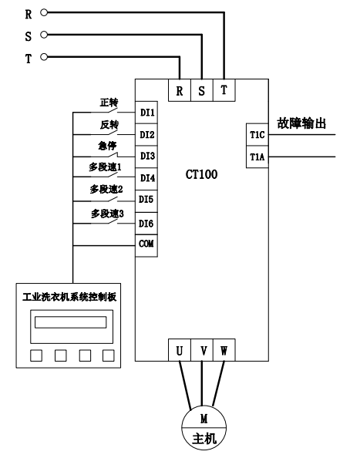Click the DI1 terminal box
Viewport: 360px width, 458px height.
click(x=146, y=113)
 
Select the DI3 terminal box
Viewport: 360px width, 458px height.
click(x=146, y=157)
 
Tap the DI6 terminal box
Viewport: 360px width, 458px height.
click(x=146, y=224)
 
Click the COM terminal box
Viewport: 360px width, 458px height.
click(x=146, y=246)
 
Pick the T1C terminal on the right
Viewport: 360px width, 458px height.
click(x=257, y=135)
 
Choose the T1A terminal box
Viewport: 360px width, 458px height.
click(x=257, y=157)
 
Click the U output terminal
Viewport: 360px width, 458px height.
click(x=180, y=350)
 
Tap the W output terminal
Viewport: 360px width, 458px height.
click(x=224, y=350)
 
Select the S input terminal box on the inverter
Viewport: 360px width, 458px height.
click(x=202, y=90)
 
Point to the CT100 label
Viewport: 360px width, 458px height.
click(x=201, y=174)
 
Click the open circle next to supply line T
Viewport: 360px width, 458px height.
click(x=44, y=56)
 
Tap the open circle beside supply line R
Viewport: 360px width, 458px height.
click(x=44, y=12)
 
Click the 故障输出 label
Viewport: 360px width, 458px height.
click(x=301, y=123)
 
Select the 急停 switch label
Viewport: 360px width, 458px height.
click(x=107, y=146)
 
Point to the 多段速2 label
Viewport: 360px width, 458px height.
click(x=106, y=189)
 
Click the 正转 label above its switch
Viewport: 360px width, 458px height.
click(x=109, y=103)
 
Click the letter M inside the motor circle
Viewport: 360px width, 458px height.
click(x=204, y=419)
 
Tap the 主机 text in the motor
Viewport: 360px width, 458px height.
click(x=204, y=439)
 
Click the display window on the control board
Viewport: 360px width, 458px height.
click(x=71, y=322)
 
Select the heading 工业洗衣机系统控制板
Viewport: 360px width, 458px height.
click(x=69, y=297)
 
